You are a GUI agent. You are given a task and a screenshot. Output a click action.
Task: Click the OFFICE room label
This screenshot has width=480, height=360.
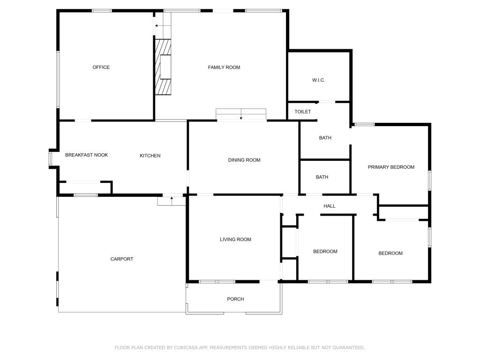point(101,67)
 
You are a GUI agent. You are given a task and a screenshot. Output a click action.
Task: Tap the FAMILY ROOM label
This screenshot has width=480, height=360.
point(224,67)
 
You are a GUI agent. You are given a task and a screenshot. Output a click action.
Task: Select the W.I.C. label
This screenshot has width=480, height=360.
point(319,80)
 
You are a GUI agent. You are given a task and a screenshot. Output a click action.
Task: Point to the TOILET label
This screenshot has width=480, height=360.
point(303,112)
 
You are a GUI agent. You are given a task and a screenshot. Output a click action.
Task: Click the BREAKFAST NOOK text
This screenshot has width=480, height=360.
point(87,155)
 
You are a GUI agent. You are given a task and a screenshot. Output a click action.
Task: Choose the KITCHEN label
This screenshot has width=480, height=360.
point(150,156)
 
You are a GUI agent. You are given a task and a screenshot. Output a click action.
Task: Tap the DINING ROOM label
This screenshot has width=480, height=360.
point(244,160)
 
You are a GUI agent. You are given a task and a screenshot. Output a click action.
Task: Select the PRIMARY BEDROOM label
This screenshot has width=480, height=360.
point(391,167)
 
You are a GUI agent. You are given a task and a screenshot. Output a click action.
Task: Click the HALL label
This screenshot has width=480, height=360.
point(330,206)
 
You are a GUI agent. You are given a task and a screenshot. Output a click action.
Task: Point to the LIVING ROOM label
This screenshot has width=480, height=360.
point(235,240)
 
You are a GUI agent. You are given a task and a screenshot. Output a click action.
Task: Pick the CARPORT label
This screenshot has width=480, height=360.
point(122,259)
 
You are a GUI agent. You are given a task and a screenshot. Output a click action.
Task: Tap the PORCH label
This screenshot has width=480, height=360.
point(235,299)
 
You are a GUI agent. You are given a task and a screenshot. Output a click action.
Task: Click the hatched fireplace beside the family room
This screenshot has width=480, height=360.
point(163,67)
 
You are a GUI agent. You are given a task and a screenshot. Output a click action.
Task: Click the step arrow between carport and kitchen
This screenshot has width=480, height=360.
point(172,201)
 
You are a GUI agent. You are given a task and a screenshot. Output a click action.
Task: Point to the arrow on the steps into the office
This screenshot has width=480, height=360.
point(159,26)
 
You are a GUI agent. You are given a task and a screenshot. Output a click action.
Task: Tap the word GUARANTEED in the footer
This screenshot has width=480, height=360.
point(349,348)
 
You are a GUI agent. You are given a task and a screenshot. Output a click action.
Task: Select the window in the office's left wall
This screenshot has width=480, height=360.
point(58,79)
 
